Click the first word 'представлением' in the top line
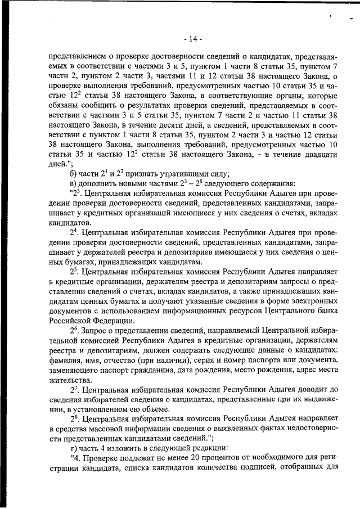tap(78, 57)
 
